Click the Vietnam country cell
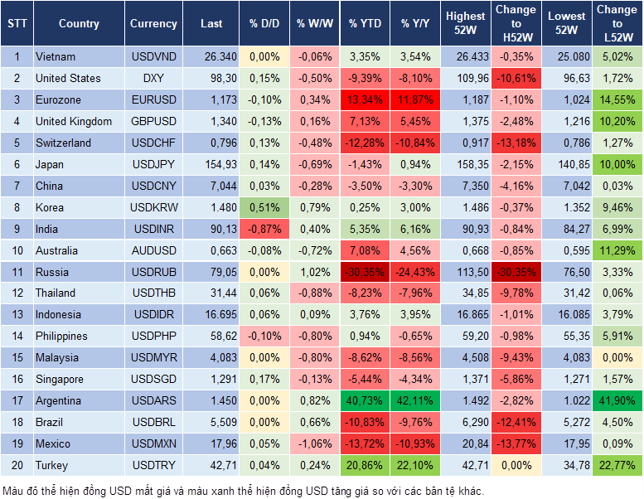[x=56, y=56]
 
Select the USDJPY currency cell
[x=153, y=164]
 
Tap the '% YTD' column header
[x=365, y=23]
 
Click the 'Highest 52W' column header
[x=465, y=23]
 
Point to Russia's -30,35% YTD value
[x=365, y=272]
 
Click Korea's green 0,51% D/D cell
[x=264, y=207]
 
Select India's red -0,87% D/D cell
[x=264, y=229]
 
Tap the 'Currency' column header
[x=153, y=23]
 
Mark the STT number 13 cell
[x=16, y=315]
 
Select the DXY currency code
[x=153, y=78]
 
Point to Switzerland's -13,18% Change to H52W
[x=516, y=143]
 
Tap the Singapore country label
[x=59, y=380]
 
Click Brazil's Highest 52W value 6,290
[x=465, y=423]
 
